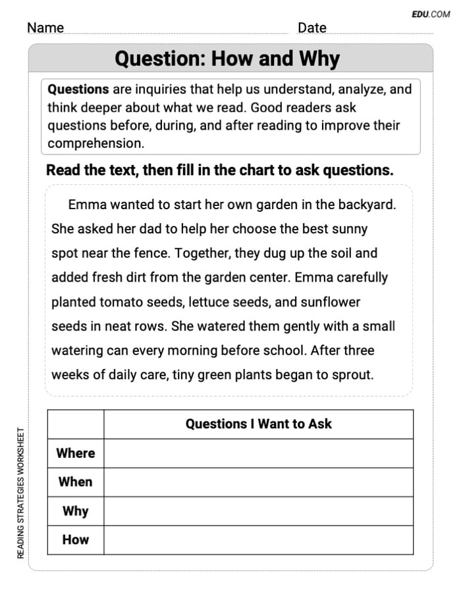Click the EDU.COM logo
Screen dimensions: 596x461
pyautogui.click(x=431, y=14)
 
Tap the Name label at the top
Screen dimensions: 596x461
pyautogui.click(x=45, y=28)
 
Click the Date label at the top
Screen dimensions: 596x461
pyautogui.click(x=312, y=28)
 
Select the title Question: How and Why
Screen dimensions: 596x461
pyautogui.click(x=227, y=59)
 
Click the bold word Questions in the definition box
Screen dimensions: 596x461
pyautogui.click(x=78, y=89)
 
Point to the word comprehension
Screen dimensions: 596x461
pyautogui.click(x=95, y=143)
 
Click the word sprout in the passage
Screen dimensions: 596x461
pyautogui.click(x=352, y=375)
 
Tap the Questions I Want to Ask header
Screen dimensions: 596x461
pyautogui.click(x=258, y=424)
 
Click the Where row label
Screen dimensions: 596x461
pyautogui.click(x=76, y=453)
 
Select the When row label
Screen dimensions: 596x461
pyautogui.click(x=76, y=482)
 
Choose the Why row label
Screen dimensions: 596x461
pyautogui.click(x=76, y=510)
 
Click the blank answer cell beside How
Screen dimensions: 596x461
pyautogui.click(x=258, y=539)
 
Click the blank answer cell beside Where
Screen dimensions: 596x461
pyautogui.click(x=258, y=453)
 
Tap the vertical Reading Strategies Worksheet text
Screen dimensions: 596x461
pyautogui.click(x=20, y=493)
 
